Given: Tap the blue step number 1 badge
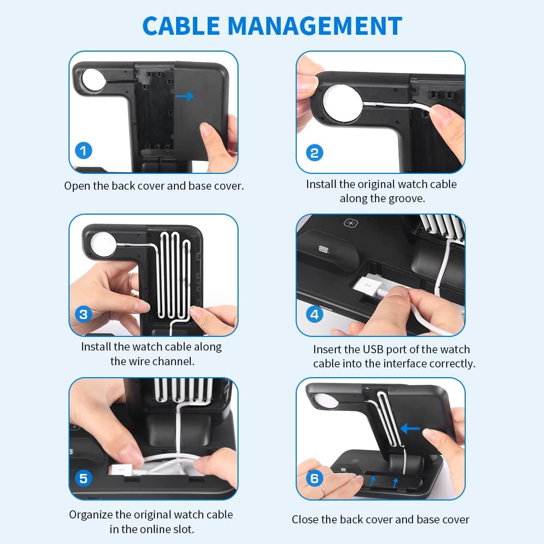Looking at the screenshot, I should click(83, 151).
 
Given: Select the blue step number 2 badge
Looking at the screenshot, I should click(314, 152).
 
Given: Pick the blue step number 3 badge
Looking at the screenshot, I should click(83, 314).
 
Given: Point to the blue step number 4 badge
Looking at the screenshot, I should click(314, 314).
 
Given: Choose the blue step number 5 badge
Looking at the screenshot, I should click(83, 478).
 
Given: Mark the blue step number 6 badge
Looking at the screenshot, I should click(314, 478).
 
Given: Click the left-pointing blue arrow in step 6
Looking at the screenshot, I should click(411, 429).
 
